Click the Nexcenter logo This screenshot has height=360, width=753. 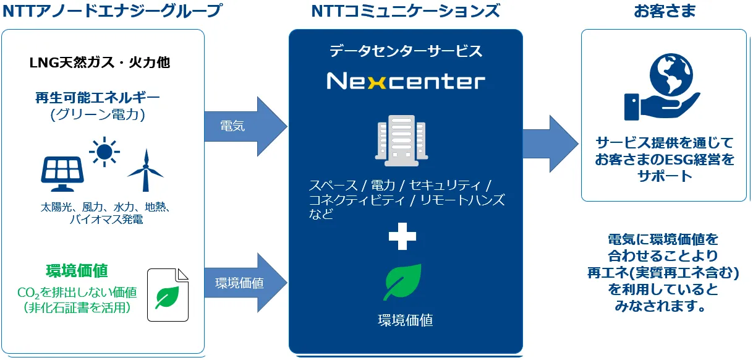click(x=406, y=81)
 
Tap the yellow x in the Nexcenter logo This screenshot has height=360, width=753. click(x=377, y=82)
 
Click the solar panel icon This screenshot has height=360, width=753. click(x=62, y=174)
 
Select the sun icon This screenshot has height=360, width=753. click(x=104, y=152)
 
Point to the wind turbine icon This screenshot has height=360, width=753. click(x=145, y=171)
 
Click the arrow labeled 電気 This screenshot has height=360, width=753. click(x=245, y=127)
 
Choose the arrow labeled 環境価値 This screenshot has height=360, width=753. click(x=245, y=283)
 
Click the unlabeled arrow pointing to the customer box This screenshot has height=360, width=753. click(x=551, y=144)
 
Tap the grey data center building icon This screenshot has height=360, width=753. click(x=401, y=140)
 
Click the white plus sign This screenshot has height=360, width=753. click(x=402, y=236)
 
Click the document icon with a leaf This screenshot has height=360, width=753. click(x=168, y=294)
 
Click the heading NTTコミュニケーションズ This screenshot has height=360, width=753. click(x=406, y=11)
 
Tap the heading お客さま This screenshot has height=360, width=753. click(x=665, y=11)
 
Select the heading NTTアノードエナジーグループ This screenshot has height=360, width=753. click(x=113, y=11)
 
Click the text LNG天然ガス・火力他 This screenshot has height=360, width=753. click(x=100, y=62)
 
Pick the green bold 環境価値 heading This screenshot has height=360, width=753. click(x=77, y=271)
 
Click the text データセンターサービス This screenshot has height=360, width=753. click(x=406, y=51)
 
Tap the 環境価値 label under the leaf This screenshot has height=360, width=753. click(x=406, y=320)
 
